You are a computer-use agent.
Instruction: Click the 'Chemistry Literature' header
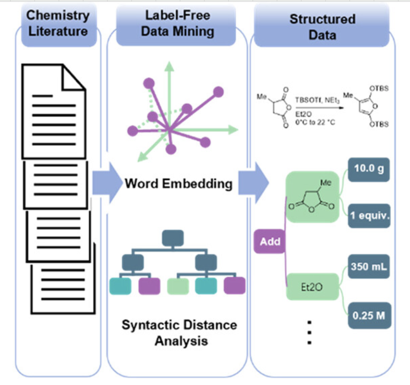[x=58, y=24]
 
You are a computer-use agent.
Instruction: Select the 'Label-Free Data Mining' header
[x=177, y=24]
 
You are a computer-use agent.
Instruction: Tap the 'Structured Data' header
[x=322, y=27]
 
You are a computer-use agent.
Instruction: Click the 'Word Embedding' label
[x=178, y=184]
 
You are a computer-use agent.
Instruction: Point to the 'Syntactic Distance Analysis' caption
[x=180, y=333]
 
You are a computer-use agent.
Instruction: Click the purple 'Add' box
[x=270, y=241]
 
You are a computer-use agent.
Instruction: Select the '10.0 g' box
[x=369, y=169]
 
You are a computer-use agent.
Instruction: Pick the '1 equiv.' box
[x=369, y=215]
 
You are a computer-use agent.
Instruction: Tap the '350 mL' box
[x=369, y=267]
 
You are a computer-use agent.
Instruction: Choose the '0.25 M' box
[x=369, y=315]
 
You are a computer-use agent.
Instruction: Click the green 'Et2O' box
[x=312, y=287]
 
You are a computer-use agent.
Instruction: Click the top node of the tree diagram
[x=173, y=238]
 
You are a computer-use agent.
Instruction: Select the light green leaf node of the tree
[x=178, y=286]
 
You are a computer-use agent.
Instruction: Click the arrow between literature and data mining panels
[x=106, y=183]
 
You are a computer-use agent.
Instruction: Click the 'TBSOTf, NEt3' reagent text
[x=317, y=100]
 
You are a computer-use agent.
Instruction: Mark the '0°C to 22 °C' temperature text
[x=315, y=122]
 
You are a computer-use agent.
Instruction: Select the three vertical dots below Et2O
[x=309, y=333]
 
